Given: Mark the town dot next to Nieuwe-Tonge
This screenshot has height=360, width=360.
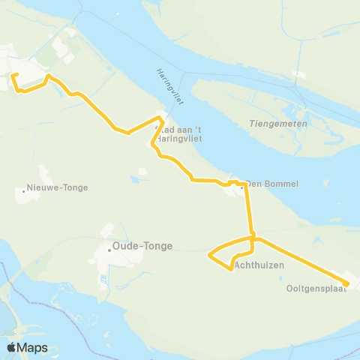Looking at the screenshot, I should [25, 191].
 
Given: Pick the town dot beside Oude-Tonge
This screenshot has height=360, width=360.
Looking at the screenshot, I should [109, 250].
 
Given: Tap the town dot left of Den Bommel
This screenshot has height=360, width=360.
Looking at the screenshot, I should [241, 188].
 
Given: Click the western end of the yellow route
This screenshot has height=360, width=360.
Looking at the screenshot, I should [13, 73].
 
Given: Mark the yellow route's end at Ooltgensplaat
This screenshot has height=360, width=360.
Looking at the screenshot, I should [347, 283].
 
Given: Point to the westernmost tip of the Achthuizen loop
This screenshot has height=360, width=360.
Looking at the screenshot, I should [209, 255].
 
